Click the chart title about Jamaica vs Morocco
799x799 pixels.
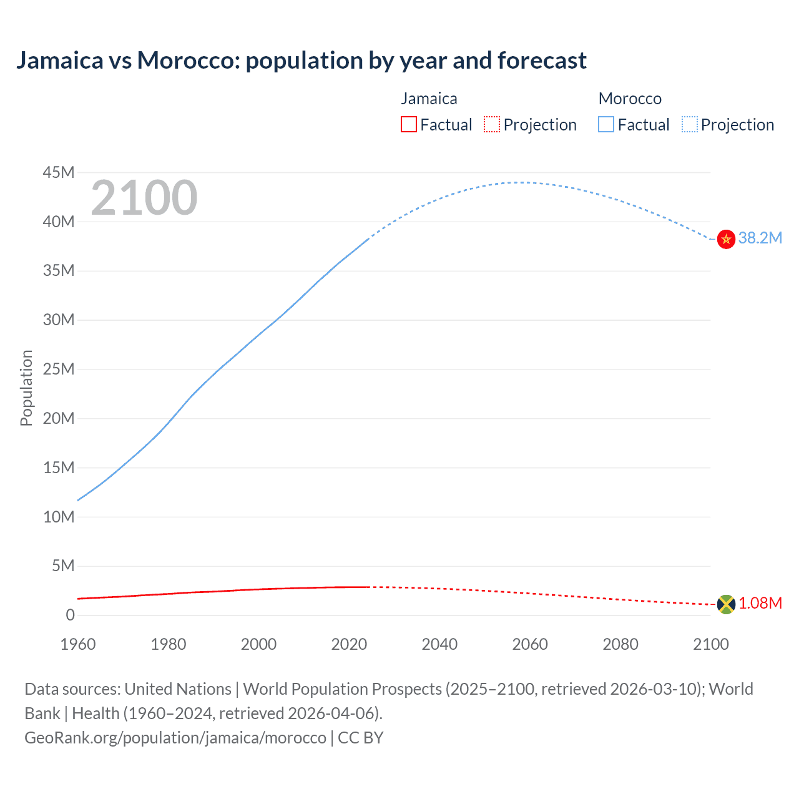pos(301,61)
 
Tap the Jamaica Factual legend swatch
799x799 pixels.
pos(408,125)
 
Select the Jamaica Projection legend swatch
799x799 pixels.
pos(492,125)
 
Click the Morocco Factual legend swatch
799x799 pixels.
pos(606,125)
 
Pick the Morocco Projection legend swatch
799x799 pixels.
pos(689,125)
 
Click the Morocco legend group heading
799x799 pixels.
pos(629,99)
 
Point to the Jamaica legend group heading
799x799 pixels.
pos(429,99)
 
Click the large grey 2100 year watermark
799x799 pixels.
pos(144,198)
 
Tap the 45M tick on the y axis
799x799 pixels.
pos(59,172)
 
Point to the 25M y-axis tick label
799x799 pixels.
pos(59,369)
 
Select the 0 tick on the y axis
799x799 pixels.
pos(70,615)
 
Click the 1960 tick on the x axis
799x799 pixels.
pos(78,644)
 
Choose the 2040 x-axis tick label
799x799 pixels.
pos(439,644)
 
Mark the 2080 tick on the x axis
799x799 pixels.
pos(620,644)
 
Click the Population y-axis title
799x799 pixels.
pos(26,388)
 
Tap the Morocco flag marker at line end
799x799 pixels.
pos(726,239)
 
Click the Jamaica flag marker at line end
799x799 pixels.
pos(726,604)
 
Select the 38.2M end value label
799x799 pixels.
pos(760,238)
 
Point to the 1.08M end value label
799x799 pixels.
pos(760,603)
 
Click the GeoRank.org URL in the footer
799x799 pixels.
pos(175,737)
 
